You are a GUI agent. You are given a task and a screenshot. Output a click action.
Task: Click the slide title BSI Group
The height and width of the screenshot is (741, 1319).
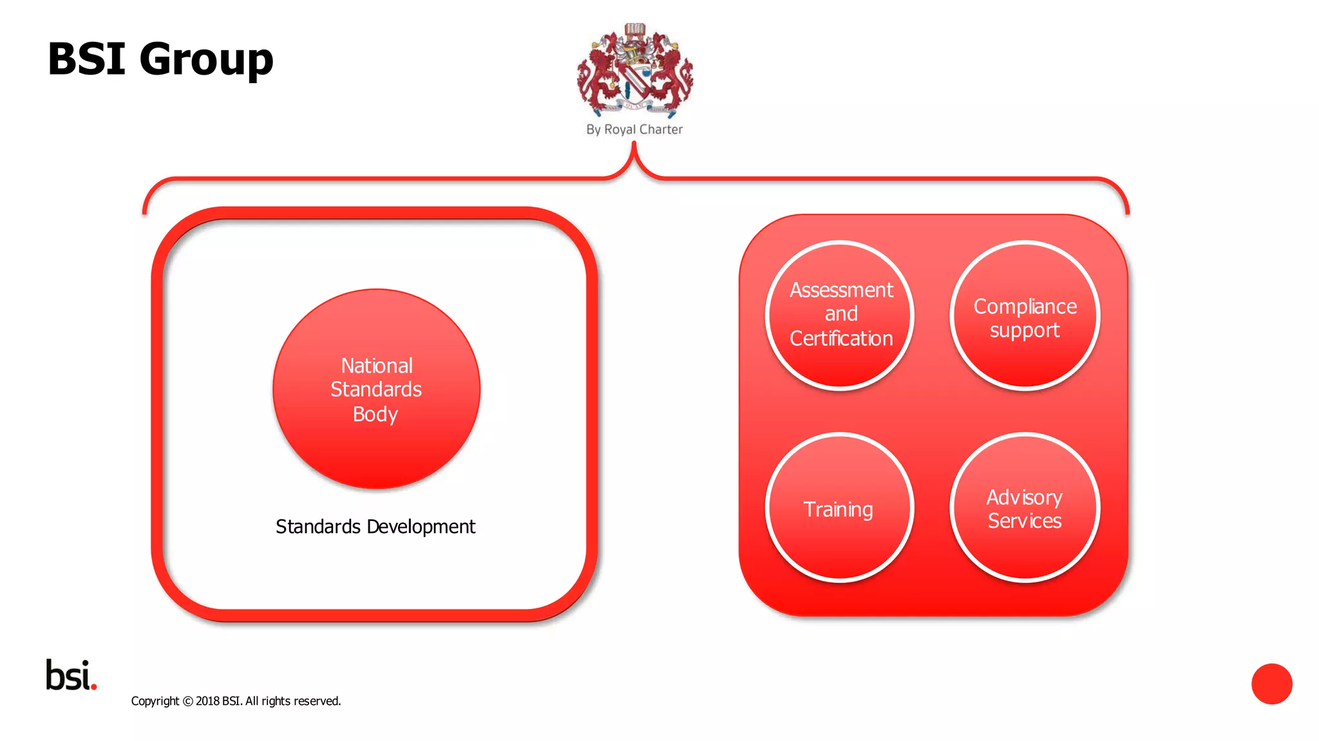pyautogui.click(x=160, y=59)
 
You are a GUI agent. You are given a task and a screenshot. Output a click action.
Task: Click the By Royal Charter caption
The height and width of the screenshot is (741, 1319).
pyautogui.click(x=634, y=129)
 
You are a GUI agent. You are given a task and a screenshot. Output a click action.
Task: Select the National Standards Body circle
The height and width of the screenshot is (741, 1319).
pyautogui.click(x=377, y=389)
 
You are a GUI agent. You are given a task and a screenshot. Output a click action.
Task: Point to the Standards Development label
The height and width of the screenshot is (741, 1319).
pyautogui.click(x=375, y=527)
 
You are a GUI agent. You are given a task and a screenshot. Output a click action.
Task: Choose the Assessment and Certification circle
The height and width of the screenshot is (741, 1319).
pyautogui.click(x=840, y=315)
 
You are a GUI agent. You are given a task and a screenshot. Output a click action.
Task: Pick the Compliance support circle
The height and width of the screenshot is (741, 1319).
pyautogui.click(x=1025, y=315)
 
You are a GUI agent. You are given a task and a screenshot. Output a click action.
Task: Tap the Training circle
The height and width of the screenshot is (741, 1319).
pyautogui.click(x=840, y=508)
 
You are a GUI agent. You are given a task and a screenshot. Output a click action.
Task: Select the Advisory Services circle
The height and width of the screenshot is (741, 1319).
pyautogui.click(x=1025, y=508)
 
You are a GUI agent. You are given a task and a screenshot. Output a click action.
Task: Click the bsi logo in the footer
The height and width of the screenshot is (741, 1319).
pyautogui.click(x=71, y=675)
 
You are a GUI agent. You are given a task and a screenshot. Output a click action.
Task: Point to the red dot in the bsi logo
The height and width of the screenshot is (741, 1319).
pyautogui.click(x=94, y=687)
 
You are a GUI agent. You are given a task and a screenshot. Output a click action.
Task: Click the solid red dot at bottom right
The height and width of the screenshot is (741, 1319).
pyautogui.click(x=1271, y=684)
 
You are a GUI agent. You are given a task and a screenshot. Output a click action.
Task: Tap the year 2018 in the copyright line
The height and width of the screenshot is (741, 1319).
pyautogui.click(x=207, y=701)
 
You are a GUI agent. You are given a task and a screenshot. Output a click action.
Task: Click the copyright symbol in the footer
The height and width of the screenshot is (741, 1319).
pyautogui.click(x=187, y=702)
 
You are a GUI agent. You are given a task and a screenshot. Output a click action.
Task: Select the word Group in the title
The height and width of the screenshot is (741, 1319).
pyautogui.click(x=206, y=59)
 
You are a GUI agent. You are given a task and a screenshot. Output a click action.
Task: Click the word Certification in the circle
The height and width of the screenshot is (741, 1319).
pyautogui.click(x=841, y=339)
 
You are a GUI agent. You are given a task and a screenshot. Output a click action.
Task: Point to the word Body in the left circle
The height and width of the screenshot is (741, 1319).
pyautogui.click(x=375, y=414)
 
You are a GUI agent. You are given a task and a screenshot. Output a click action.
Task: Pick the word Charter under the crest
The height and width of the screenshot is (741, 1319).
pyautogui.click(x=661, y=129)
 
